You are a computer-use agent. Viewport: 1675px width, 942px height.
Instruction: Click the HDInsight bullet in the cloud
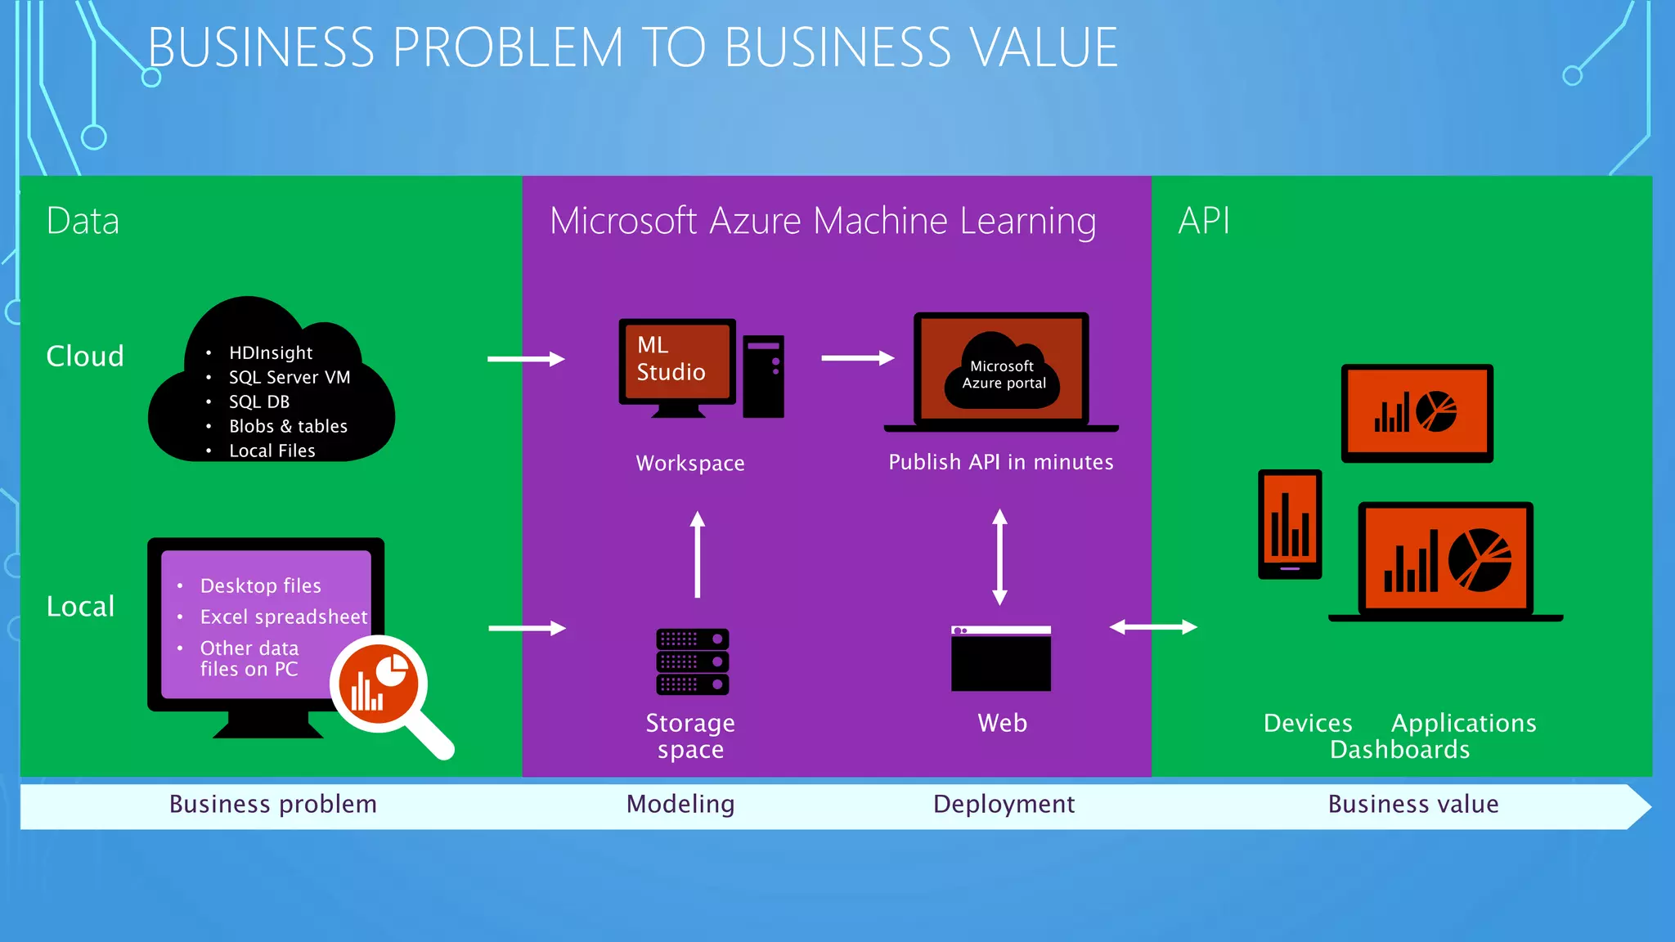(270, 352)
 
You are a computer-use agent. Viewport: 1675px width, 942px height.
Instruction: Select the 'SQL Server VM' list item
(289, 377)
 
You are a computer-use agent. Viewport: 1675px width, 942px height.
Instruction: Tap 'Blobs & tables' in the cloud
(288, 426)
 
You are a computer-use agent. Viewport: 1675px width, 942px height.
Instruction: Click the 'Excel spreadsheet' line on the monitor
(284, 617)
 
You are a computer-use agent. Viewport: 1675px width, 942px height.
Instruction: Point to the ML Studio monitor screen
(676, 361)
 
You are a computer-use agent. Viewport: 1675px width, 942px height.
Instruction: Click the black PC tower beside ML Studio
(763, 375)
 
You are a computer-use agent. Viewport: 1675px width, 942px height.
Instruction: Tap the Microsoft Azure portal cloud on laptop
(1002, 373)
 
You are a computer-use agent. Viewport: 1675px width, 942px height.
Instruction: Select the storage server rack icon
(692, 662)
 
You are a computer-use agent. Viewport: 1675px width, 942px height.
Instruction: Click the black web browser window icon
(1001, 659)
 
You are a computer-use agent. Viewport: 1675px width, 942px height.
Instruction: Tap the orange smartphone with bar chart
(1290, 523)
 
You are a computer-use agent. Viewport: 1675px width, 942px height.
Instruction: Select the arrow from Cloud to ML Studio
(526, 359)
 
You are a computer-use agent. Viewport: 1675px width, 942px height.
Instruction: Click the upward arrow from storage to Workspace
(697, 554)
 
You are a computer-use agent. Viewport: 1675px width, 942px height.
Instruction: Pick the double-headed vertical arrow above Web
(999, 556)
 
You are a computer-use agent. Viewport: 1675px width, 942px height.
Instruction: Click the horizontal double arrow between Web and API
(1152, 627)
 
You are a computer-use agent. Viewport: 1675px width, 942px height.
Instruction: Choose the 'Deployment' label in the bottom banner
(1004, 804)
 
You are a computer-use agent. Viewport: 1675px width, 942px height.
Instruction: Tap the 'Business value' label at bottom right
(1412, 804)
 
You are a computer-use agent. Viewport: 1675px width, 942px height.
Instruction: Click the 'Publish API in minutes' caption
(1000, 462)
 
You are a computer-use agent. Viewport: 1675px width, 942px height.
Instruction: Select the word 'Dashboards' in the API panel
(1399, 749)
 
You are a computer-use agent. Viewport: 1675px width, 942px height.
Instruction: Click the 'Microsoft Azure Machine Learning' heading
(822, 221)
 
